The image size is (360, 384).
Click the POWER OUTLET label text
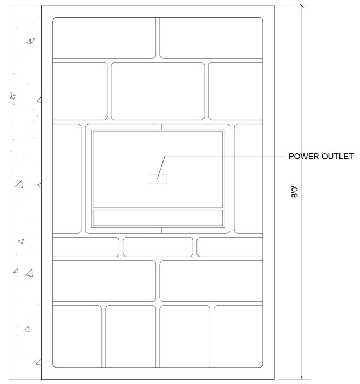[321, 157]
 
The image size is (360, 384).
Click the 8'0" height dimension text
[294, 191]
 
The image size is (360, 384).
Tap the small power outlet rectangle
[158, 179]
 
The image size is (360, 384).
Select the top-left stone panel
[104, 38]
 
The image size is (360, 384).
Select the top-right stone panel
[211, 38]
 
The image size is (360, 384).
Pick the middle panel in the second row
[158, 91]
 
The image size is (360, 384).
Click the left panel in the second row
[80, 91]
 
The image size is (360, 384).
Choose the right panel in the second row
[235, 91]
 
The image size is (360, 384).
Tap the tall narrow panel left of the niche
[67, 178]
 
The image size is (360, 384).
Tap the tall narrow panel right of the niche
[248, 178]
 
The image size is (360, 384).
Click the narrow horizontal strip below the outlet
[158, 217]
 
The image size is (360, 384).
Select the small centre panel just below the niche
[158, 246]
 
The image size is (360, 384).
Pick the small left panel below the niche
[85, 246]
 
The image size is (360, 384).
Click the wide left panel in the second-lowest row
[104, 280]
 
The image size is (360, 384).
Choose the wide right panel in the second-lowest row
[211, 280]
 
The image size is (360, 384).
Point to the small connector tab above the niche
[158, 126]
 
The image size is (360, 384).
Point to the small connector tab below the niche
[158, 231]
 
